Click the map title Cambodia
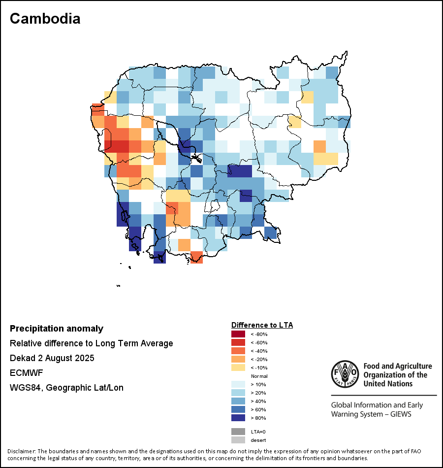(45, 19)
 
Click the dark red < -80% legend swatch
(238, 334)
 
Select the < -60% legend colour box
(238, 342)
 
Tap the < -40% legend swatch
(238, 351)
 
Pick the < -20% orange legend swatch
(238, 359)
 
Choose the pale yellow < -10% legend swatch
(238, 368)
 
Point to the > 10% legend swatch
(238, 384)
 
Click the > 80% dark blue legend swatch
(238, 418)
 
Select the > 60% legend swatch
(238, 409)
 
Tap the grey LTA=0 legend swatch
(238, 432)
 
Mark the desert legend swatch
(238, 440)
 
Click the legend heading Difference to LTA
(262, 325)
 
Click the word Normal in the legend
(259, 376)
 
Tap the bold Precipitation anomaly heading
(57, 329)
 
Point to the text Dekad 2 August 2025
(52, 358)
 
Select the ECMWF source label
(25, 373)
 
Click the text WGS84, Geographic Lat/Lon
(66, 388)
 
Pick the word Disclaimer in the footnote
(21, 451)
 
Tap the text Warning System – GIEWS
(371, 414)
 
